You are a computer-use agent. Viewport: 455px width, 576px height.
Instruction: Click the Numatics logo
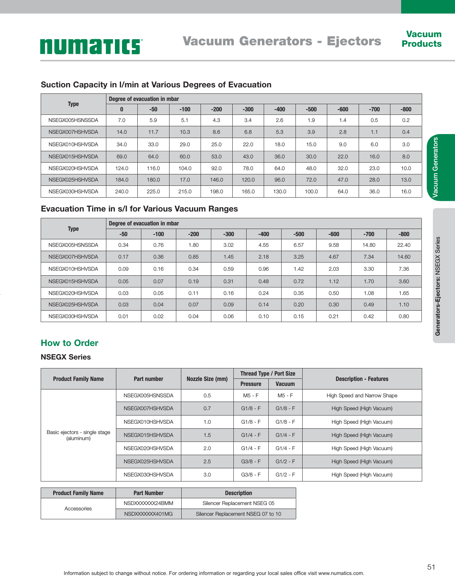[91, 46]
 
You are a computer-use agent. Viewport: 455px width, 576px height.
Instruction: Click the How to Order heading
[69, 343]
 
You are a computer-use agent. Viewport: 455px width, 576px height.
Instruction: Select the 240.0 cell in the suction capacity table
[122, 192]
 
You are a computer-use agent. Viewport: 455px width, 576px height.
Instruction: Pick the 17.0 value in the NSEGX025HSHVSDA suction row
[185, 180]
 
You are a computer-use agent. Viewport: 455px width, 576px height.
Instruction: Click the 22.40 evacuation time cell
[404, 245]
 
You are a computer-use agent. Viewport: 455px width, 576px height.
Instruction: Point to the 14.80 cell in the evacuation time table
[369, 245]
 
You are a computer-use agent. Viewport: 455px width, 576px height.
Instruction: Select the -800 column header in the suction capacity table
[406, 109]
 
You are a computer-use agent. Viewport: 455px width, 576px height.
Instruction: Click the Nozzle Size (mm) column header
[207, 379]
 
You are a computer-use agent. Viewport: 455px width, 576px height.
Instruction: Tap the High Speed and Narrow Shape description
[362, 396]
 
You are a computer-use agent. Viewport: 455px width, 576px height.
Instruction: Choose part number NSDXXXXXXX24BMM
[148, 503]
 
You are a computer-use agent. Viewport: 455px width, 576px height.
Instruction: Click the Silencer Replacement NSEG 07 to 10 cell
[238, 514]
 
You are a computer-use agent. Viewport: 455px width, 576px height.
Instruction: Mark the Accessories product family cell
[78, 509]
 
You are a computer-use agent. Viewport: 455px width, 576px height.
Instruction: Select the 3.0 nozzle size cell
[207, 475]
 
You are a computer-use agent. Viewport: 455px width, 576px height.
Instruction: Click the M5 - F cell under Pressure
[251, 396]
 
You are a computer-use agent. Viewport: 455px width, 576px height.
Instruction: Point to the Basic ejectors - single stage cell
[79, 435]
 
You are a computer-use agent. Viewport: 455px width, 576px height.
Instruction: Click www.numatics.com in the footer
[341, 573]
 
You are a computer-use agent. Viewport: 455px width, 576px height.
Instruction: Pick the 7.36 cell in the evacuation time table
[404, 269]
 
